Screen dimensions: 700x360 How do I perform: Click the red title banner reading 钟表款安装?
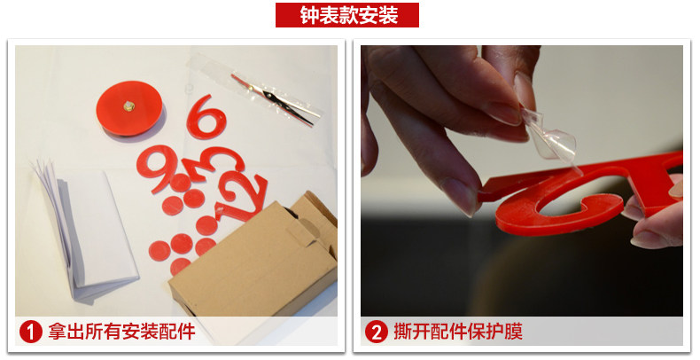coord(346,15)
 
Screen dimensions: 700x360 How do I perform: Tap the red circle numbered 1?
coord(31,333)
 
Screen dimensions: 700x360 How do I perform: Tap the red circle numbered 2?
coord(377,333)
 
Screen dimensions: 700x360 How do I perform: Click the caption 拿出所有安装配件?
coord(122,333)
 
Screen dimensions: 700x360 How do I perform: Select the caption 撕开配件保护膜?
coord(458,333)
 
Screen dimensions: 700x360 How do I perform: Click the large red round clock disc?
coord(129,108)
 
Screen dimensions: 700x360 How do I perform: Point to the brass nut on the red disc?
coord(129,106)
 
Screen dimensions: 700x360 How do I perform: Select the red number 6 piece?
coord(206,116)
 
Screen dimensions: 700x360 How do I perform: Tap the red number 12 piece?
coord(241,196)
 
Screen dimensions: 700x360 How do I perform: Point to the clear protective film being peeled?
coord(550,137)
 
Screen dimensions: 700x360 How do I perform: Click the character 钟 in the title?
coord(309,15)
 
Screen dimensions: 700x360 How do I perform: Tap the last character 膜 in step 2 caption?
coord(513,333)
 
